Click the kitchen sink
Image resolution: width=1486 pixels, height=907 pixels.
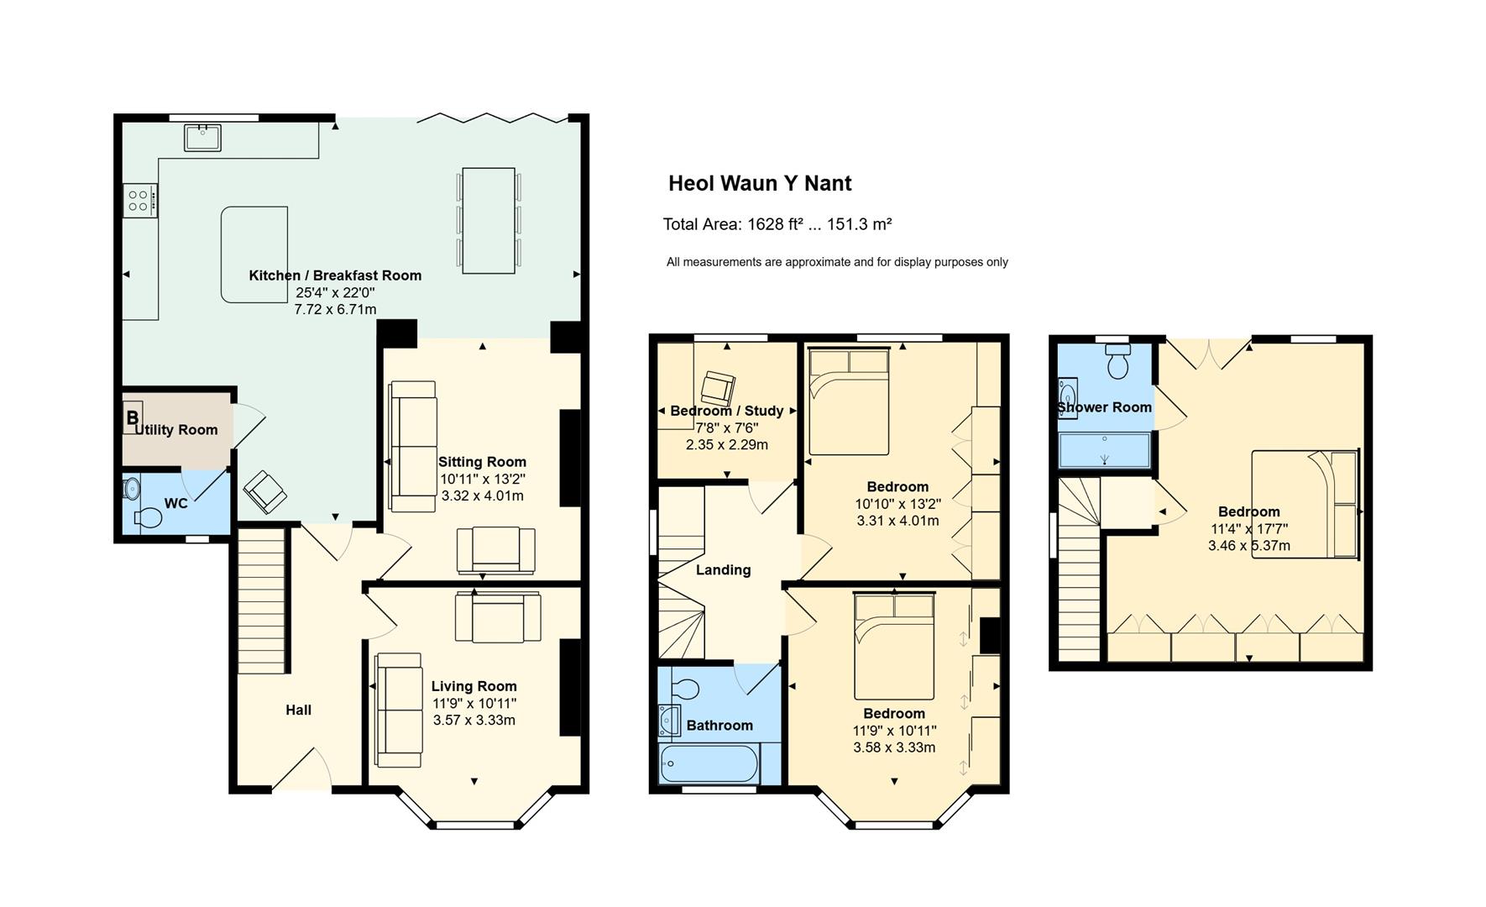(x=202, y=138)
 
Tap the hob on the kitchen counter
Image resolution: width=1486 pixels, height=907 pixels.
(x=139, y=201)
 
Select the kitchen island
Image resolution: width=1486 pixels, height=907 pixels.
(x=254, y=254)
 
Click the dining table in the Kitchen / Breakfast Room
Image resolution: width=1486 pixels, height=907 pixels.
(x=489, y=220)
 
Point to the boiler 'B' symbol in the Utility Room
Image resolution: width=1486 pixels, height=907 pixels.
(x=132, y=417)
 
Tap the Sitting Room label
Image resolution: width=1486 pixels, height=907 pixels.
(x=482, y=462)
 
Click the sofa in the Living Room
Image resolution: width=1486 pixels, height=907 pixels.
(x=399, y=710)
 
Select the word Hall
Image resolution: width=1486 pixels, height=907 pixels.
(x=298, y=710)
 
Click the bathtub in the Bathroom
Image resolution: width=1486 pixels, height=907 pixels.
(x=709, y=764)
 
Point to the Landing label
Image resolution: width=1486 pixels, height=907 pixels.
(x=723, y=570)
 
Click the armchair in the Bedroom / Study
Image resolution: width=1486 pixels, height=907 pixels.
(x=718, y=387)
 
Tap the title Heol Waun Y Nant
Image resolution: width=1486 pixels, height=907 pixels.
(x=760, y=183)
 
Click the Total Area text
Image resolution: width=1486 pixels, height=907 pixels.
(x=777, y=224)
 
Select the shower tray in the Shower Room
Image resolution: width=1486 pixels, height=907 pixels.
(x=1104, y=449)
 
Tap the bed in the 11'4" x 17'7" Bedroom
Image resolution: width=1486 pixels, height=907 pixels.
(x=1305, y=504)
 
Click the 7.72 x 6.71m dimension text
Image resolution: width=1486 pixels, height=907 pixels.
(x=335, y=310)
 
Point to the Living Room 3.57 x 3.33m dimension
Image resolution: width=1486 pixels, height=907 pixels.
(x=474, y=721)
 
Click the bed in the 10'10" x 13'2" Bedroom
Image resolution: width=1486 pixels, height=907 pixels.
(x=849, y=402)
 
